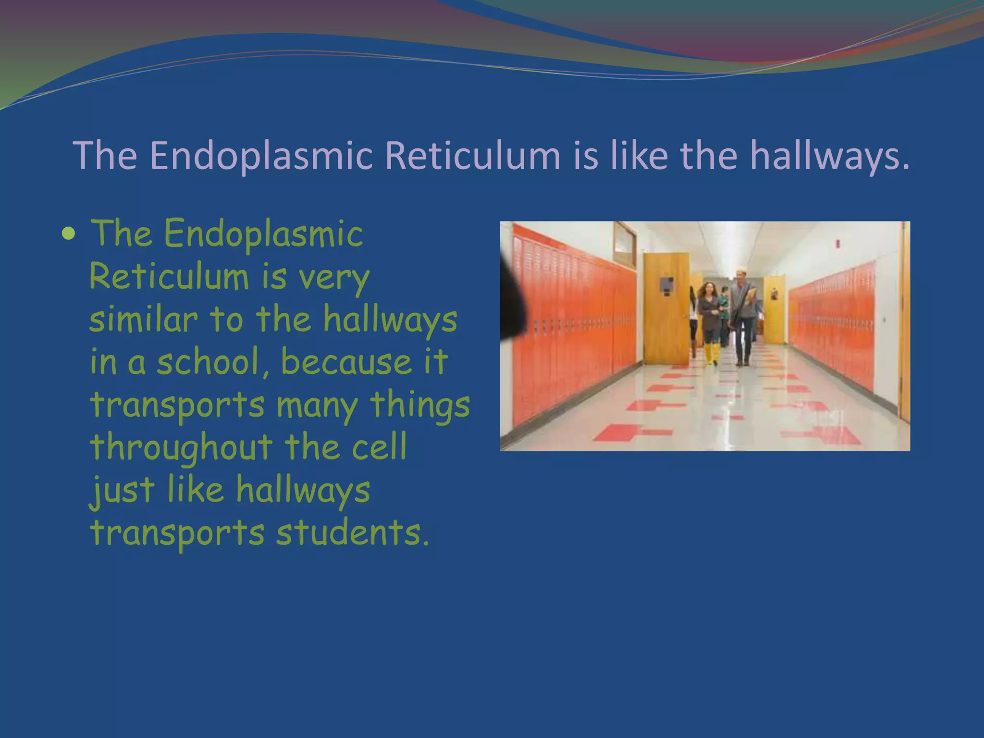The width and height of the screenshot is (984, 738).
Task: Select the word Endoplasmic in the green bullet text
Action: [x=263, y=234]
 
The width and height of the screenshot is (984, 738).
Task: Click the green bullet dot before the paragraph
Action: [x=69, y=234]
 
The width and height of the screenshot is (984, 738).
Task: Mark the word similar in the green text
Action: [x=143, y=320]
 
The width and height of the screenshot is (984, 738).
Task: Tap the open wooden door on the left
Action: [x=665, y=307]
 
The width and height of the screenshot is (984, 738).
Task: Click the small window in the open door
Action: [x=666, y=284]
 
